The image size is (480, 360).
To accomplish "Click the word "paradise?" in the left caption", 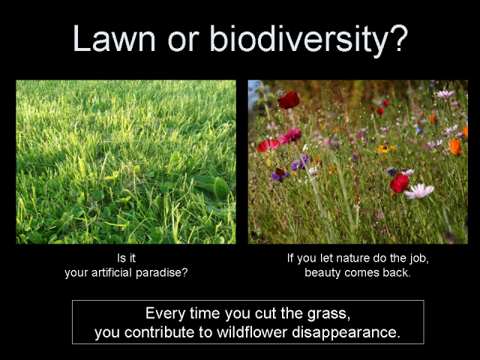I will (x=166, y=273).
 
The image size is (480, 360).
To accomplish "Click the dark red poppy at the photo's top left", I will (x=288, y=100).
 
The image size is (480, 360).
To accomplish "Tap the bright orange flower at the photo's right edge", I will (x=455, y=146).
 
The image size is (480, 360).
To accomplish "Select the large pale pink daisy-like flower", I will (x=419, y=190).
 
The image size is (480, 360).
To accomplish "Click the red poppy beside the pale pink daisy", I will (x=399, y=182).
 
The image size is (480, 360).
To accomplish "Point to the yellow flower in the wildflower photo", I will (x=385, y=148).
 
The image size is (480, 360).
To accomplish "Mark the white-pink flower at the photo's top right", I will (x=445, y=94).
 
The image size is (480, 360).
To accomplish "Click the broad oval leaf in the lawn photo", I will (x=221, y=188).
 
